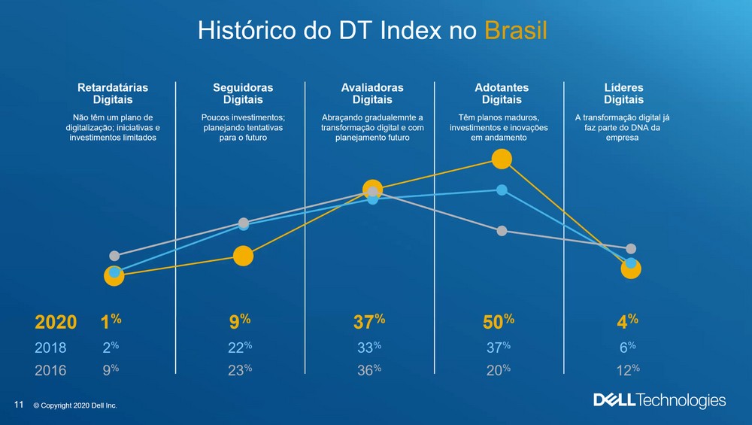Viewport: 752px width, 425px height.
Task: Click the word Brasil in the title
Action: [515, 31]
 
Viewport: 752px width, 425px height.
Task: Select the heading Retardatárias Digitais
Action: [113, 93]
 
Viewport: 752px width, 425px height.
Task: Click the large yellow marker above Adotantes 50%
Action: [502, 159]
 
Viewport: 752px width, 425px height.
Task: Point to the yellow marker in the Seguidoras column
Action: [243, 257]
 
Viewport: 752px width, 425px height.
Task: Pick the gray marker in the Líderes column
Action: [631, 248]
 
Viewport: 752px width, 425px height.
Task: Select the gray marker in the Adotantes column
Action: [502, 231]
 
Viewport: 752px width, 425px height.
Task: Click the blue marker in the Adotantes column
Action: [502, 190]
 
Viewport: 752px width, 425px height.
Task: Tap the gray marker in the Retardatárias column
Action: [114, 256]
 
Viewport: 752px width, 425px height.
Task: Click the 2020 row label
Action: [56, 323]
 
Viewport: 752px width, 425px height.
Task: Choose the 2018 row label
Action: [50, 348]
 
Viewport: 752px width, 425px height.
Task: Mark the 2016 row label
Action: [50, 370]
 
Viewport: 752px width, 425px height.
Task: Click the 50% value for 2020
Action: [498, 322]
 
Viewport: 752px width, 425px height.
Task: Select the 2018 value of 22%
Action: [239, 347]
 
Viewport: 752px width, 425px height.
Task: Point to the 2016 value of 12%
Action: [628, 369]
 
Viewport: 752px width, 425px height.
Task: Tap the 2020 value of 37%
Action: [368, 322]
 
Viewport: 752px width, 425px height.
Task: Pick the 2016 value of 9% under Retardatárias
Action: [110, 369]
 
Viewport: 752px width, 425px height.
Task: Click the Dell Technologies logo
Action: [660, 400]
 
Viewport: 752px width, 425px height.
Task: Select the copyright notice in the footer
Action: [75, 406]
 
